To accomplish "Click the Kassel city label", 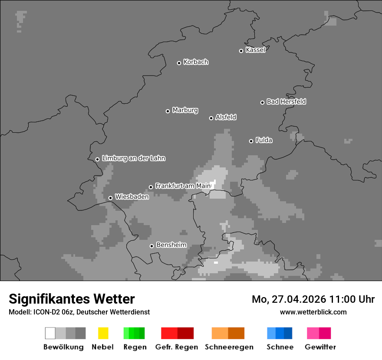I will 255,50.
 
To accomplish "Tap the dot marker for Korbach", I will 179,63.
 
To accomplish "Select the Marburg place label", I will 185,110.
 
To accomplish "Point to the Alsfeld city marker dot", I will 211,118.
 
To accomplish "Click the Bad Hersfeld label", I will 286,101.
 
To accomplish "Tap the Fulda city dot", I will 251,141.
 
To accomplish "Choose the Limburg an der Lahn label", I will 133,158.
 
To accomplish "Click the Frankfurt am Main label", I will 183,186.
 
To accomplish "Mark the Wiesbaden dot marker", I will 110,198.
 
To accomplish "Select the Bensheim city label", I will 171,245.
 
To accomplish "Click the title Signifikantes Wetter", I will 72,299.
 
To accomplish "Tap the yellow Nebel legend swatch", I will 103,333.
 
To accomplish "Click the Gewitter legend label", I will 320,347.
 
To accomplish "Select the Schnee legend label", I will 280,347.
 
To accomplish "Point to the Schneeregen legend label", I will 229,347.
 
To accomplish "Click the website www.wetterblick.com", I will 313,312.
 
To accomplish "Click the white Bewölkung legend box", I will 50,333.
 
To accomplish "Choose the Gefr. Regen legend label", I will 177,347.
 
